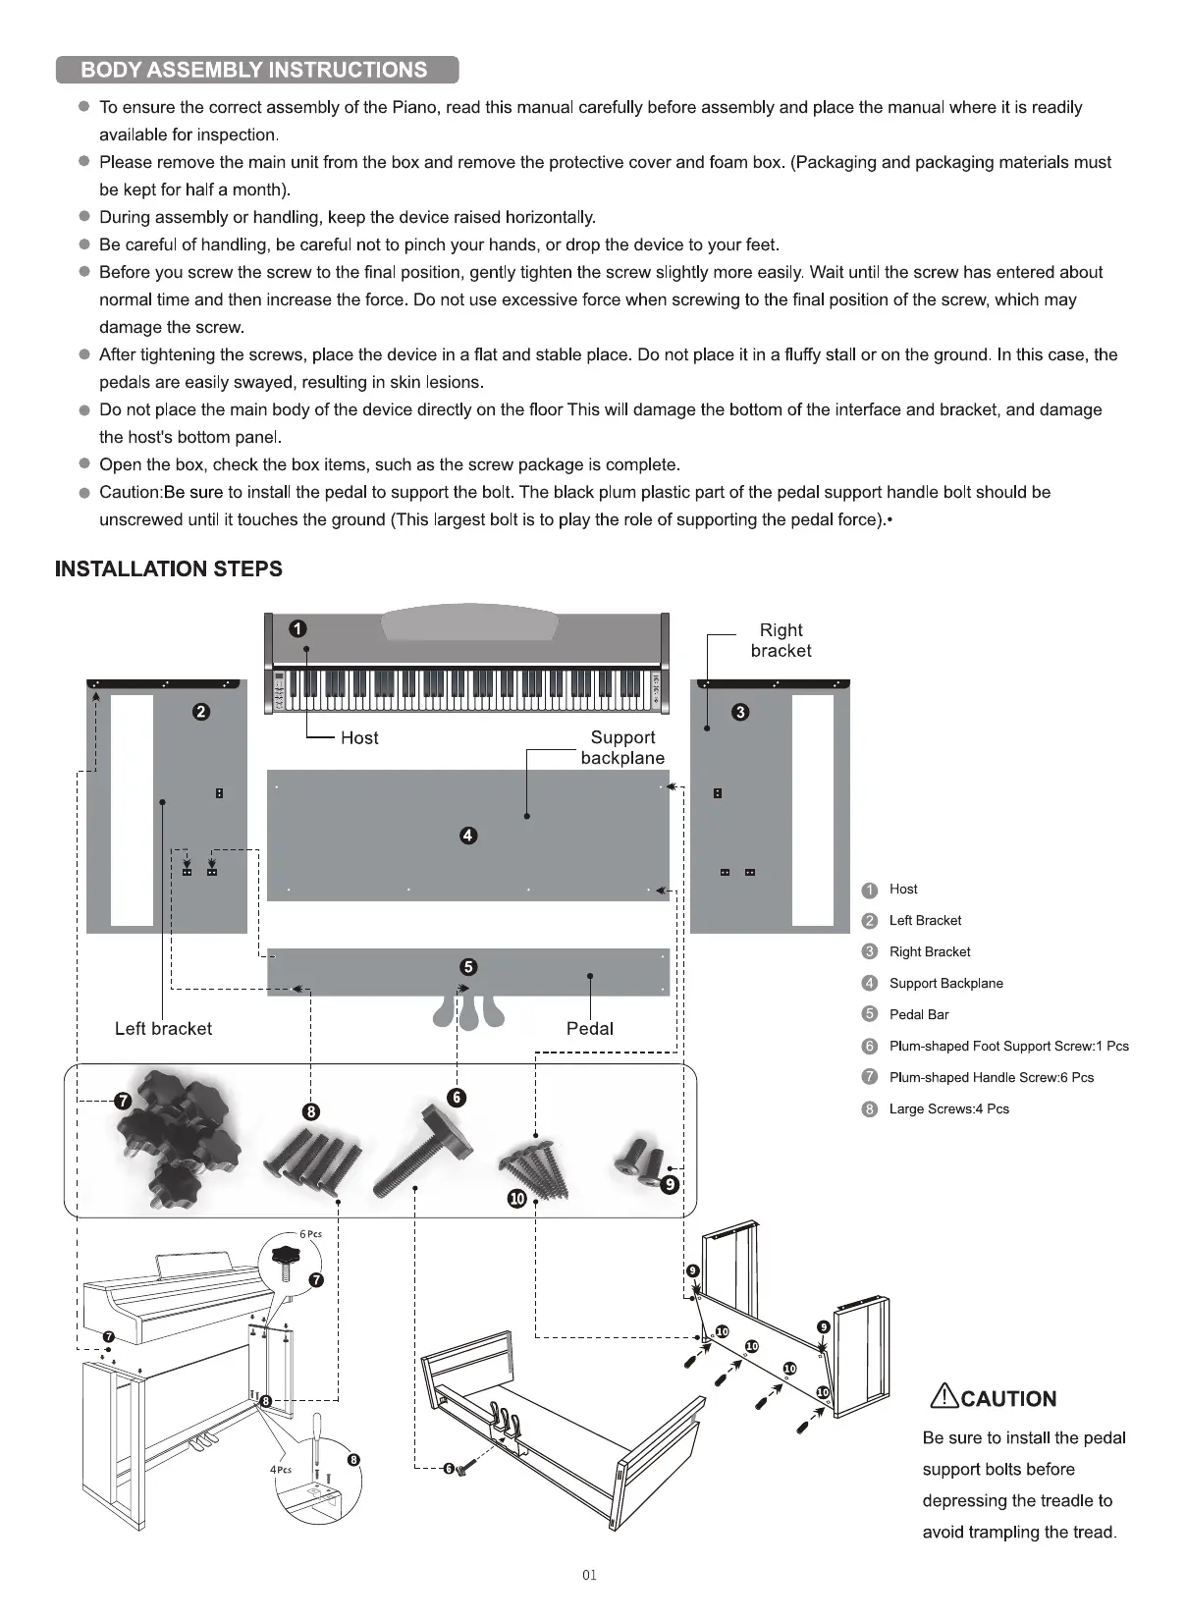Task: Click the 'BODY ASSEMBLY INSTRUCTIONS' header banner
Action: click(x=255, y=70)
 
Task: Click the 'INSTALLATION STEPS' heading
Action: click(x=169, y=569)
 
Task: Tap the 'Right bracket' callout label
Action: click(x=781, y=640)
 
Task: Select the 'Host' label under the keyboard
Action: click(x=359, y=738)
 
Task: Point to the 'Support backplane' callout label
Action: click(x=622, y=747)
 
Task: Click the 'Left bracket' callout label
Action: click(x=163, y=1029)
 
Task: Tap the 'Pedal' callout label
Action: click(x=589, y=1029)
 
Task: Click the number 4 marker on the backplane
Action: click(x=468, y=836)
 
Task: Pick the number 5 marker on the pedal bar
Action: click(x=468, y=967)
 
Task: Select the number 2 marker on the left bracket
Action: click(x=201, y=713)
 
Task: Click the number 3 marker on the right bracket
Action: click(x=741, y=713)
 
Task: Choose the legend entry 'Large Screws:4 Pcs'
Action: click(x=948, y=1109)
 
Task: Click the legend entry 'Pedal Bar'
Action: click(x=919, y=1015)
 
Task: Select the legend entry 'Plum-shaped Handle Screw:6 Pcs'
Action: click(x=991, y=1078)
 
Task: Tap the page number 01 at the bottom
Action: click(x=589, y=1576)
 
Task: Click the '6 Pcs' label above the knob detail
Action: click(x=310, y=1234)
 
